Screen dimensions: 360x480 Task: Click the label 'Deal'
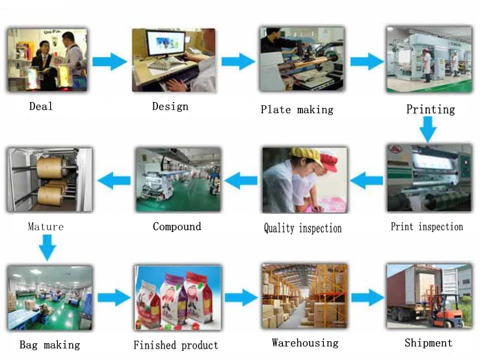point(41,106)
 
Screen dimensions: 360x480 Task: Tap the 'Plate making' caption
point(297,110)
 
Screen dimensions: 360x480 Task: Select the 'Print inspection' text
point(427,227)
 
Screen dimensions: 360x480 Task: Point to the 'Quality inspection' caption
point(302,228)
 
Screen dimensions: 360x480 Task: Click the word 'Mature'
point(46,227)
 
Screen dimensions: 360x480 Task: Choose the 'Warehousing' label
point(305,342)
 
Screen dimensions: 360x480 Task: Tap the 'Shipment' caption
point(428,342)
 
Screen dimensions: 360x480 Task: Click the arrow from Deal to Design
point(109,62)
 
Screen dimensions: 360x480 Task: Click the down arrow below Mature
point(46,248)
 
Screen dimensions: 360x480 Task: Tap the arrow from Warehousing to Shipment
point(367,298)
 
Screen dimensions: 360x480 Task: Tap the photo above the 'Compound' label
point(178,179)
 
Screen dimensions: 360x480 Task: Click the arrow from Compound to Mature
point(113,180)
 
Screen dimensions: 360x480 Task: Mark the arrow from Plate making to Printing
point(367,62)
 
